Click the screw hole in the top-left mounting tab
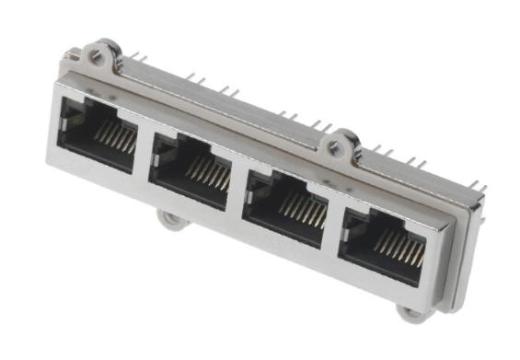(96, 56)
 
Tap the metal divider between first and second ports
(144, 151)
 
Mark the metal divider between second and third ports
(237, 188)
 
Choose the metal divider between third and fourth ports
(333, 226)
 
